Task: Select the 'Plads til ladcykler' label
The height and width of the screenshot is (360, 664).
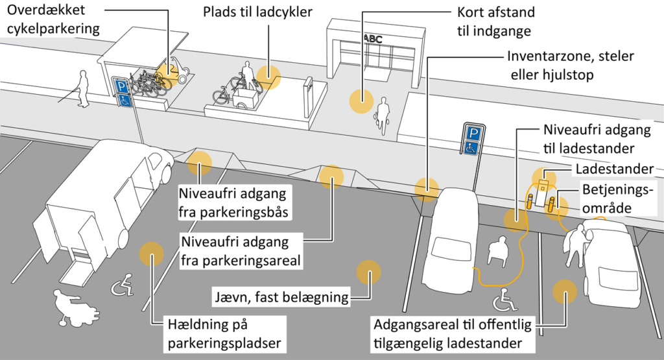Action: click(257, 12)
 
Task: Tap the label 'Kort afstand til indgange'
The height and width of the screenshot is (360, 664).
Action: click(495, 21)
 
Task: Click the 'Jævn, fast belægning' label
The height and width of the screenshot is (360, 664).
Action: click(281, 298)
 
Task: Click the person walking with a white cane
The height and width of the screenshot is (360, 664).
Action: click(81, 88)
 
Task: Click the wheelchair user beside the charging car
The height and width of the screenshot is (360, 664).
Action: click(498, 251)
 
